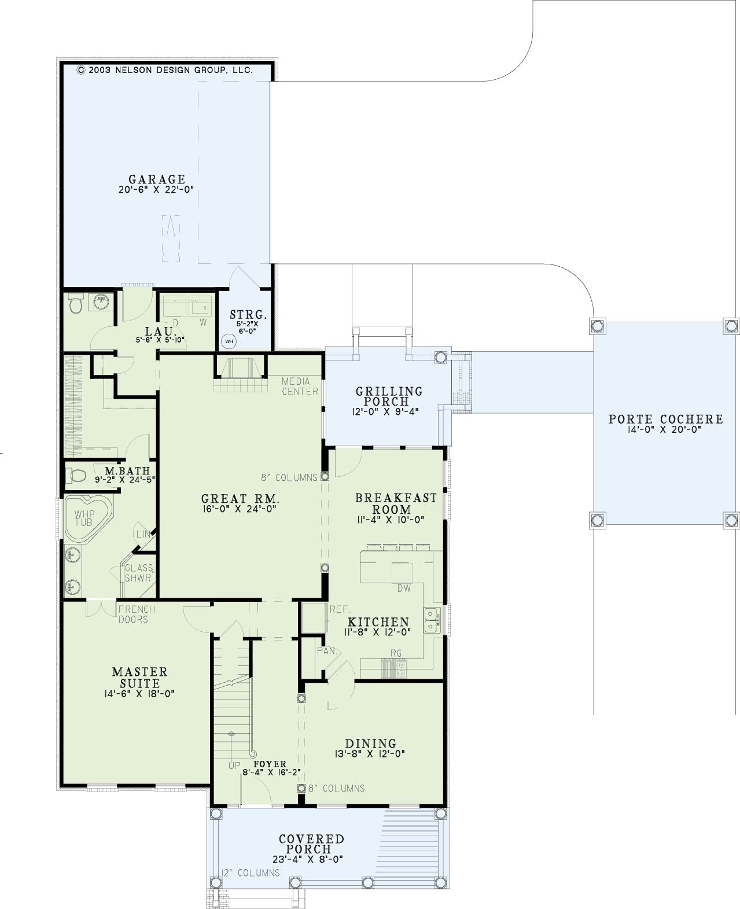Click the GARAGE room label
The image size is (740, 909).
click(157, 179)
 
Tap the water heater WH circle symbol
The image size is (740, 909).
click(229, 341)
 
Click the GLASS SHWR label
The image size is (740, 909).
click(138, 573)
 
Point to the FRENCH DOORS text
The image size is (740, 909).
click(137, 614)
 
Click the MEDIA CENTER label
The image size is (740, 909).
click(300, 386)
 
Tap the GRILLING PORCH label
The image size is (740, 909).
click(389, 396)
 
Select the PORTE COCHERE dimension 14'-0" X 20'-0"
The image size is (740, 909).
click(664, 430)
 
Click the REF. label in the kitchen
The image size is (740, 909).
click(340, 609)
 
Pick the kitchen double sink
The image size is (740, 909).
click(432, 620)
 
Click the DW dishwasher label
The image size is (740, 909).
click(404, 588)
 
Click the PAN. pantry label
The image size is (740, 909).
click(327, 651)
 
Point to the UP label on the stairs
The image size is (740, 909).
click(234, 766)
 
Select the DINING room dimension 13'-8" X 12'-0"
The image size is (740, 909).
click(370, 754)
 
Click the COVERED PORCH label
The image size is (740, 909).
click(311, 845)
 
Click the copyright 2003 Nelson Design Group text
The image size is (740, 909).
click(165, 70)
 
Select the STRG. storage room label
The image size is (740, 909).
click(248, 315)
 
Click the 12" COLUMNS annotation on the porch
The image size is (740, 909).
click(251, 873)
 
